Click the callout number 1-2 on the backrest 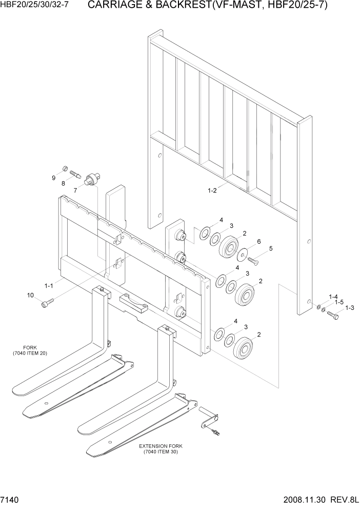[x=212, y=190]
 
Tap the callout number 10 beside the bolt [x=30, y=295]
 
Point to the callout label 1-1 [x=49, y=285]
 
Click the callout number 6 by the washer [x=259, y=241]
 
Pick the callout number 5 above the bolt [x=271, y=249]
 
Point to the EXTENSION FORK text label [x=161, y=446]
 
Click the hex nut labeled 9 [x=65, y=168]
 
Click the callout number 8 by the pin [x=63, y=183]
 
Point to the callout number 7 [x=75, y=190]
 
